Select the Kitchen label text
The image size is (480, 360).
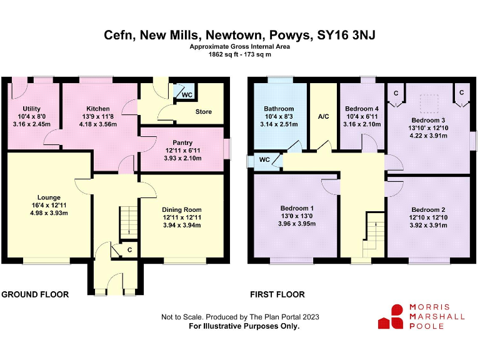point(98,108)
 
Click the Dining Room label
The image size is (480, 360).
point(182,209)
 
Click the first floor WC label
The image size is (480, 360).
point(264,159)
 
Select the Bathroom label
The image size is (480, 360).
point(279,108)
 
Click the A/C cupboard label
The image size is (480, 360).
point(323,117)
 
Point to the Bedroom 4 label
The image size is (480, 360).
point(361,108)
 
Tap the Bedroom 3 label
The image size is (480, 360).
point(428,119)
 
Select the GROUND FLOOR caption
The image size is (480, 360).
point(35,294)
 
